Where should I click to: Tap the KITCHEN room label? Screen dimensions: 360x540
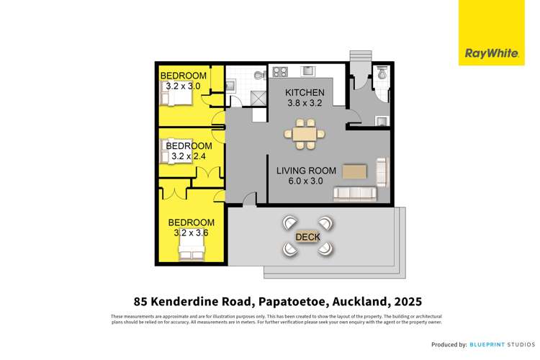click(x=305, y=93)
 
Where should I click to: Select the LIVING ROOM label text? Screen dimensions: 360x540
click(x=307, y=171)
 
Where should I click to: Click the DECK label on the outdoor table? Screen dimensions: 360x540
click(x=307, y=237)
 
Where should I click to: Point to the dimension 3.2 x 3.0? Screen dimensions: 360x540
click(x=183, y=86)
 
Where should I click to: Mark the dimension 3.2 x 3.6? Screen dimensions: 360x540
click(x=191, y=233)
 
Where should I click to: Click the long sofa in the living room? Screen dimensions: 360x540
click(x=354, y=194)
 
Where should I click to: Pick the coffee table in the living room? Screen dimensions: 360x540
click(x=354, y=171)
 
